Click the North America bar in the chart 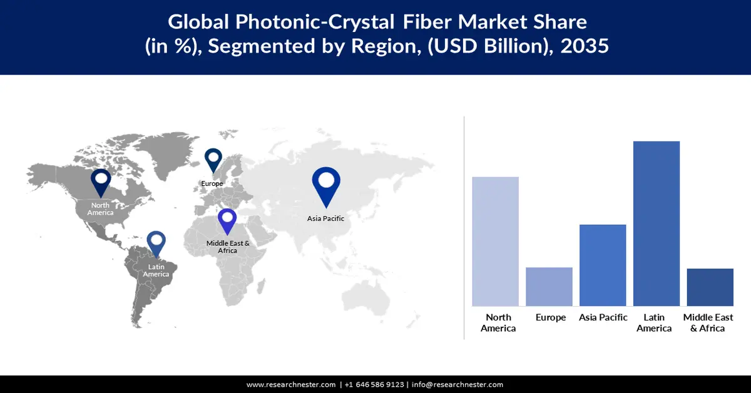495,241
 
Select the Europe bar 549,286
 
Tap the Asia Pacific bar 603,265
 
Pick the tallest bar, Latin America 656,223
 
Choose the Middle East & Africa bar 710,287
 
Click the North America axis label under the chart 498,323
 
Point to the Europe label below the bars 551,318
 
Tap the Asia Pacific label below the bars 603,318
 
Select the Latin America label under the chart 654,323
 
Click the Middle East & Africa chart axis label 708,323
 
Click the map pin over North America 101,182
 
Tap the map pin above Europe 213,160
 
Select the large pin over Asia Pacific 325,185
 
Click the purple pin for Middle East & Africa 227,222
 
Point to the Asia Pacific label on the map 325,218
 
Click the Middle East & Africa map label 228,247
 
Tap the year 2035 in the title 584,46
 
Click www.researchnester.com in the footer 291,385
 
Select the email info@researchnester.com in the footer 457,385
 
